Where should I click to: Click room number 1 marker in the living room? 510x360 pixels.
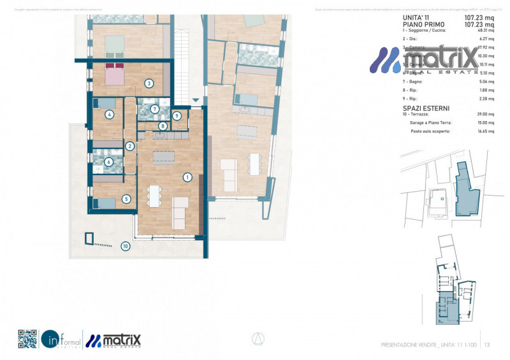point(187,177)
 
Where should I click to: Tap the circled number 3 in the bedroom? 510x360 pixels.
point(149,83)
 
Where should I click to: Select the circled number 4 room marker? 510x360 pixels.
point(110,115)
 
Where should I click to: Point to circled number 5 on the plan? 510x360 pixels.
point(126,199)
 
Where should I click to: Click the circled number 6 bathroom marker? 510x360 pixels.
point(108,162)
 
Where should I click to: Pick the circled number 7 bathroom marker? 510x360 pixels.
point(154,109)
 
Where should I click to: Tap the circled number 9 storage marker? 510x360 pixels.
point(177,115)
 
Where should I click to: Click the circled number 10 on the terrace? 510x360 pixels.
point(126,245)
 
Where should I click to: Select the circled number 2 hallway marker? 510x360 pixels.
point(129,147)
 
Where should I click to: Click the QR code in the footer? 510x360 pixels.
point(27,338)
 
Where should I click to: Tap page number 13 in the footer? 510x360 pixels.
point(486,345)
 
